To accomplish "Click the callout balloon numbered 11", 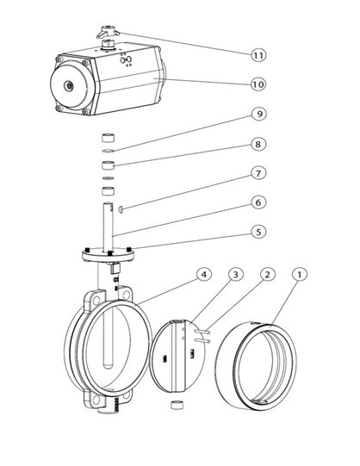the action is coord(258,55).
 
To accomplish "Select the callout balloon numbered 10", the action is coord(258,84).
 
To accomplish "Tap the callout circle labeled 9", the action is coord(258,114).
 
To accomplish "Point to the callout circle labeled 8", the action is coord(258,144).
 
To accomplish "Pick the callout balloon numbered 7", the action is coord(258,172).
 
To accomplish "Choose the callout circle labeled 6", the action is coord(258,202).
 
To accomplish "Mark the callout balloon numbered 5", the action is coord(258,232).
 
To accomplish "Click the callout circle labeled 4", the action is coord(204,274).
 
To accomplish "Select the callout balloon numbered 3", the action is coord(235,274).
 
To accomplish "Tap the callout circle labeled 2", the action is coord(267,274).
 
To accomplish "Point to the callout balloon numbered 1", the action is coord(300,274).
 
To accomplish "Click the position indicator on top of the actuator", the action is coord(108,32).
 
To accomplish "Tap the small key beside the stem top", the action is coord(121,209).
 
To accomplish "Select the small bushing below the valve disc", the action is coord(177,406).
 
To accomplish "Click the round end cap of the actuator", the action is coord(71,86).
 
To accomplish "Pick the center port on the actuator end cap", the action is coord(70,86).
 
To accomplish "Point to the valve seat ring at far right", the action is coord(256,366).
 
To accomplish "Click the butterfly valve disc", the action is coord(177,356).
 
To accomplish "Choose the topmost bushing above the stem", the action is coord(109,138).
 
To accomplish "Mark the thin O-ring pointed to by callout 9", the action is coord(109,152).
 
